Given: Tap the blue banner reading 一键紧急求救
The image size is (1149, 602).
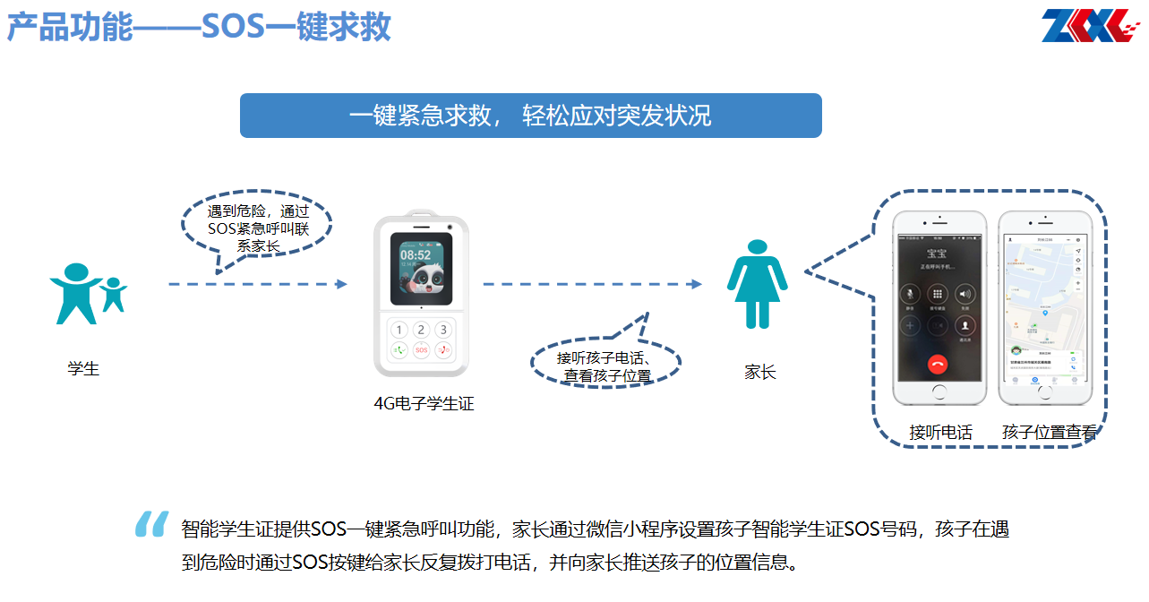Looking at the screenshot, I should (x=530, y=116).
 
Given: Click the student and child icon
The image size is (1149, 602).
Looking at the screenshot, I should (x=88, y=294).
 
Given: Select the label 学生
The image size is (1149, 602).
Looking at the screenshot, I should (x=83, y=368).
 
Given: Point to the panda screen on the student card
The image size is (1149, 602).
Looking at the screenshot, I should (x=422, y=268).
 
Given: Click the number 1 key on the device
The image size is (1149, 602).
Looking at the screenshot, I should (x=399, y=331).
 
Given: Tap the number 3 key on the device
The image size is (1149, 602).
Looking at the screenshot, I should (x=442, y=331).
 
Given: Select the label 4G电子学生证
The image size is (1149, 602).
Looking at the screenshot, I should (x=424, y=404).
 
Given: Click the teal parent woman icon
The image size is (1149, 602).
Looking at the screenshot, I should (x=758, y=284).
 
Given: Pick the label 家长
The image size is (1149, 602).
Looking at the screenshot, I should (x=759, y=372).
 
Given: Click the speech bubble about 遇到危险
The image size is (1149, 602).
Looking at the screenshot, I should (x=256, y=228).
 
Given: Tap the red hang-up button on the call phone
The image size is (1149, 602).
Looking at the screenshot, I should (x=939, y=364).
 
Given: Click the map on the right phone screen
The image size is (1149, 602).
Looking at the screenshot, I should (x=1044, y=287).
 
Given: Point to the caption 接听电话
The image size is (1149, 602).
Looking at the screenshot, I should (x=940, y=432).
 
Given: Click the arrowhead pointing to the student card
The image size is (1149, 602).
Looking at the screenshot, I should (x=341, y=284).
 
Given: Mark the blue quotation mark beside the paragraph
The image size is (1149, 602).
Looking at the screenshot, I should (x=151, y=524).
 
